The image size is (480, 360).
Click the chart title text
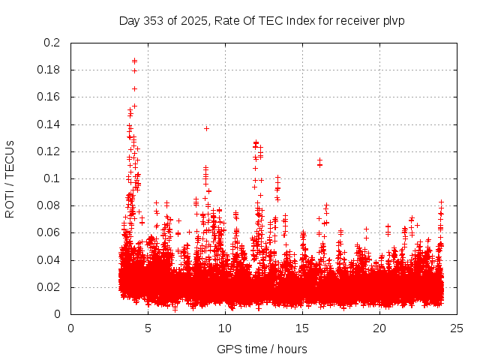pyautogui.click(x=262, y=20)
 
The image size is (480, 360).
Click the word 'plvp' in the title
pyautogui.click(x=392, y=20)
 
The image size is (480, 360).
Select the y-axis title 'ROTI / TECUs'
pyautogui.click(x=10, y=178)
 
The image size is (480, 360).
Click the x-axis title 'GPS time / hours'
pyautogui.click(x=262, y=349)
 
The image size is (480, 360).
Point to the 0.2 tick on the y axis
pyautogui.click(x=52, y=43)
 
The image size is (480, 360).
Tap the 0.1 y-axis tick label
pyautogui.click(x=52, y=178)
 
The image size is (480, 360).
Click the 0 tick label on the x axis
pyautogui.click(x=71, y=328)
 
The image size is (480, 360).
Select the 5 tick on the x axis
pyautogui.click(x=148, y=328)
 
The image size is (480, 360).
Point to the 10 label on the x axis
pyautogui.click(x=225, y=328)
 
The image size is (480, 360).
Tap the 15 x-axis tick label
pyautogui.click(x=302, y=328)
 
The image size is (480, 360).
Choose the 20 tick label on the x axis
pyautogui.click(x=379, y=328)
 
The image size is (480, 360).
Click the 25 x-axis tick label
pyautogui.click(x=457, y=328)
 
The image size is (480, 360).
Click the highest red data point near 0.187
pyautogui.click(x=134, y=61)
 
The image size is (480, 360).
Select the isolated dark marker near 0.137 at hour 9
pyautogui.click(x=206, y=128)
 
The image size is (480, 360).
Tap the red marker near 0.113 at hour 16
pyautogui.click(x=319, y=160)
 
